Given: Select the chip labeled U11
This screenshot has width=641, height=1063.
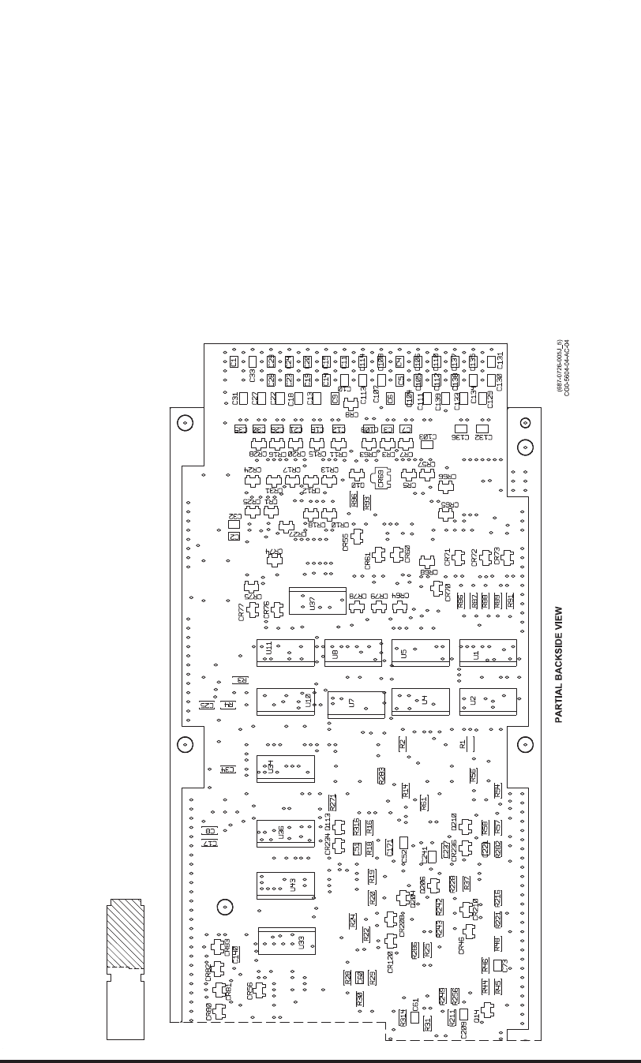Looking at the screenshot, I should point(285,653).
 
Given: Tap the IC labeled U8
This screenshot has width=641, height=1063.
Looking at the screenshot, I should point(353,653).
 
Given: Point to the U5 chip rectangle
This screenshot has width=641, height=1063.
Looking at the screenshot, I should point(420,653).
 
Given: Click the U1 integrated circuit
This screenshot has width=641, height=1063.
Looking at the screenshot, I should point(488,653).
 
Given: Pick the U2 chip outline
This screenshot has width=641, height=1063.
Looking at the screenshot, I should point(488,702).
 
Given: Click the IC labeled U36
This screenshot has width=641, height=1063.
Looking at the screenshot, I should point(285,833).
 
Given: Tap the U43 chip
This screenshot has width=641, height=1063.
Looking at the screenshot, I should point(285,885).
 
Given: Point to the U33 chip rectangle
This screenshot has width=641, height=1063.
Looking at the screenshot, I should point(286,941).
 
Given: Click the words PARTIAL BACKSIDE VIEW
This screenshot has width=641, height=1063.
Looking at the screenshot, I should point(558,664).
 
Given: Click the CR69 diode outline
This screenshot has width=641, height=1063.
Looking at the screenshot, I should point(380,479).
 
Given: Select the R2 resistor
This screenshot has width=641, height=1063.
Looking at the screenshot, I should point(402,743).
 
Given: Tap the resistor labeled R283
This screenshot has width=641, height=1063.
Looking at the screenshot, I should point(380,776).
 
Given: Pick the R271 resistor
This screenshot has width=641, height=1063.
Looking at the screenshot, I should point(332,802).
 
